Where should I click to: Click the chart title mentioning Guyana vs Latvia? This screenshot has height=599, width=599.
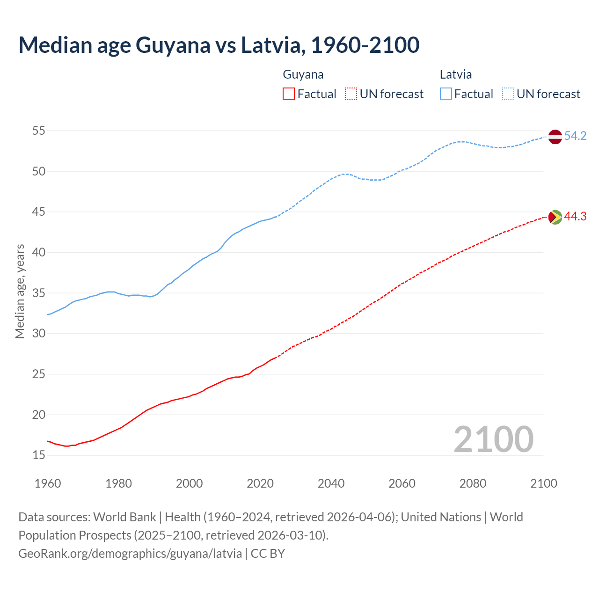point(219,45)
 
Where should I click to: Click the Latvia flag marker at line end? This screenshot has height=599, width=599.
point(555,137)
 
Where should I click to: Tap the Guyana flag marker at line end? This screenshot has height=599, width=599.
point(555,217)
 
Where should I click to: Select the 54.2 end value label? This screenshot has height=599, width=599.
point(575,136)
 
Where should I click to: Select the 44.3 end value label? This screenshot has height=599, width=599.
point(575,217)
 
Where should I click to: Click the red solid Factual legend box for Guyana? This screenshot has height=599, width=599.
point(289,94)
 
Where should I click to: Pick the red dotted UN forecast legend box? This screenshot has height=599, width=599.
point(351,94)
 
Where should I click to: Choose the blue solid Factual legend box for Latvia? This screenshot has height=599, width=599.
point(446,94)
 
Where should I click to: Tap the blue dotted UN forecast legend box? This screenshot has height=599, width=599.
point(508,94)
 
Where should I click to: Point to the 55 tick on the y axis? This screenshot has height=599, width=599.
point(39,131)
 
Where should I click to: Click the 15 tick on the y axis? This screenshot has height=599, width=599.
point(39,455)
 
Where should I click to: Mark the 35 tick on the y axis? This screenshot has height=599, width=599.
point(39,293)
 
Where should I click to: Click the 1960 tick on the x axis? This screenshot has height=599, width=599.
point(48,483)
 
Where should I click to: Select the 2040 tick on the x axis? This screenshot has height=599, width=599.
point(331,483)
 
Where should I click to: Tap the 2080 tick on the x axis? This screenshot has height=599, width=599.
point(473,483)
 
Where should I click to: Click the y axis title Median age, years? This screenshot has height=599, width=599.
point(20,291)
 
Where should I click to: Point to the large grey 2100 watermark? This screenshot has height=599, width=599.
point(493,439)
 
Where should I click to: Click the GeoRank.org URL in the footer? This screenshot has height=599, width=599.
point(130,554)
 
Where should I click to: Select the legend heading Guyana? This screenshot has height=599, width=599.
point(303,74)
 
